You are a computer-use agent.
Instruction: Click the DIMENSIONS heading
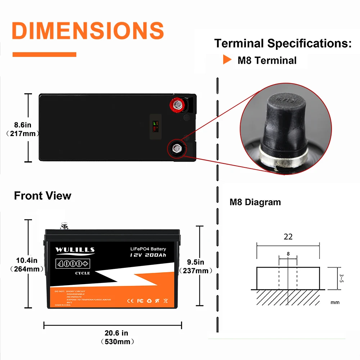pos(88,31)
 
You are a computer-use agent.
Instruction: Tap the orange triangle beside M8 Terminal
pos(227,60)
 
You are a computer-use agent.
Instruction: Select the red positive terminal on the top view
pos(177,105)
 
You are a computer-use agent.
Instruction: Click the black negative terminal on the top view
pos(177,148)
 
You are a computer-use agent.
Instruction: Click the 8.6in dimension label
pos(23,125)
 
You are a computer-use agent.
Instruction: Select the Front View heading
pos(42,196)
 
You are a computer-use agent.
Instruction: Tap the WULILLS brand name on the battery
pos(75,249)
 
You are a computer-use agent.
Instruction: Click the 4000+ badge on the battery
pos(72,264)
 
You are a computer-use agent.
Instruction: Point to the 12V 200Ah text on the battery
pos(148,255)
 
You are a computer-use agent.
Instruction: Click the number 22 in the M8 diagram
pos(288,237)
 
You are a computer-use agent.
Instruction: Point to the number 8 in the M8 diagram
pos(288,254)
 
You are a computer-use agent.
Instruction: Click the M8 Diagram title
pos(255,202)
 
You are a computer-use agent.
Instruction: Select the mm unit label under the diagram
pos(334,302)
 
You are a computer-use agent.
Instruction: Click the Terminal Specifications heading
pos(283,44)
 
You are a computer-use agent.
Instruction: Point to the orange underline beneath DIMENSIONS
pos(44,54)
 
